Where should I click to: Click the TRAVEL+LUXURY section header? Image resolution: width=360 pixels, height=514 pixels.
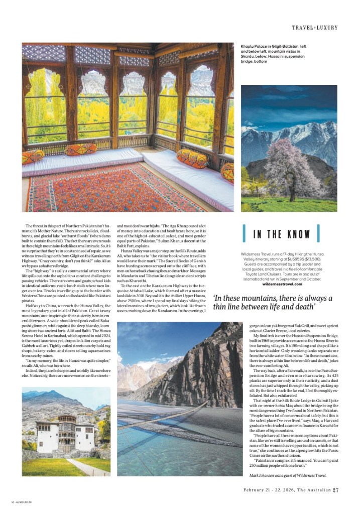315,27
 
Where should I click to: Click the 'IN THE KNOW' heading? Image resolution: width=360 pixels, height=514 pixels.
281,234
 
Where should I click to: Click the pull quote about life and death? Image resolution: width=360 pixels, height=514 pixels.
273,302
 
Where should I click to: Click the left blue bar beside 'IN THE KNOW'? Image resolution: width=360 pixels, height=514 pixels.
245,233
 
